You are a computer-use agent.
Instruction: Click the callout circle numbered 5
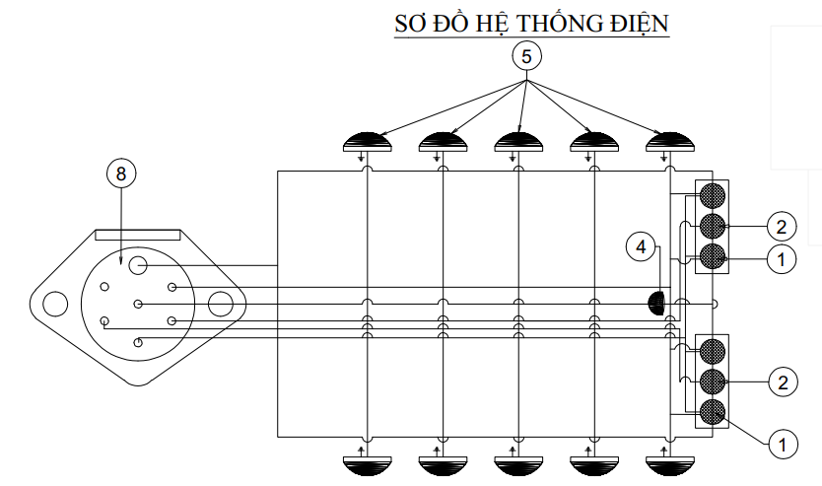coord(527,56)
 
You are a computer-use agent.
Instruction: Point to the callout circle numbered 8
coord(121,174)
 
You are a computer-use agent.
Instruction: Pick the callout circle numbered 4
coord(641,246)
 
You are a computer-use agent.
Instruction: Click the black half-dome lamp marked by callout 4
coord(655,304)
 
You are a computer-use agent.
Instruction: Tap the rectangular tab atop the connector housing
coord(137,235)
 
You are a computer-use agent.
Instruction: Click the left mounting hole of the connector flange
coord(55,304)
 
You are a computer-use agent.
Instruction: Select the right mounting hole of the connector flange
coord(220,304)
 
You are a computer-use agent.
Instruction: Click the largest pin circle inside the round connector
coord(138,265)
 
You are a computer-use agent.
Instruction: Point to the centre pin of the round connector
coord(138,304)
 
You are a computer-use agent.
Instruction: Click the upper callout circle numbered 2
coord(782,227)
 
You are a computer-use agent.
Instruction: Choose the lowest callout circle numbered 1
coord(783,444)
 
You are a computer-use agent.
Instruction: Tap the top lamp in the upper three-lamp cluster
coord(712,195)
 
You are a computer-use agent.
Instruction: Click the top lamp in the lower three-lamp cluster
coord(712,351)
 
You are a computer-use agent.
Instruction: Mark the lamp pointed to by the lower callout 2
coord(712,382)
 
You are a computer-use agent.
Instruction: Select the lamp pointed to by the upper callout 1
coord(712,257)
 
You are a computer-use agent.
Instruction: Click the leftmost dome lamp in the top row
coord(367,142)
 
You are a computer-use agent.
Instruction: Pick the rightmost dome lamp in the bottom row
coord(669,465)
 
